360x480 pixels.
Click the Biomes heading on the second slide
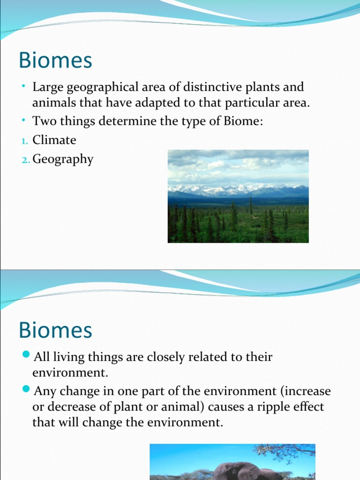click(55, 330)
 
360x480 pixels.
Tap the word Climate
click(54, 140)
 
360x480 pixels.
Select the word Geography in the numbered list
click(63, 159)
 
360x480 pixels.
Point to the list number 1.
click(25, 141)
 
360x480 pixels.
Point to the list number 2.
click(25, 160)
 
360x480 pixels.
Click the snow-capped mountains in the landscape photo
click(234, 190)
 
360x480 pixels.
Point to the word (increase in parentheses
click(304, 390)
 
